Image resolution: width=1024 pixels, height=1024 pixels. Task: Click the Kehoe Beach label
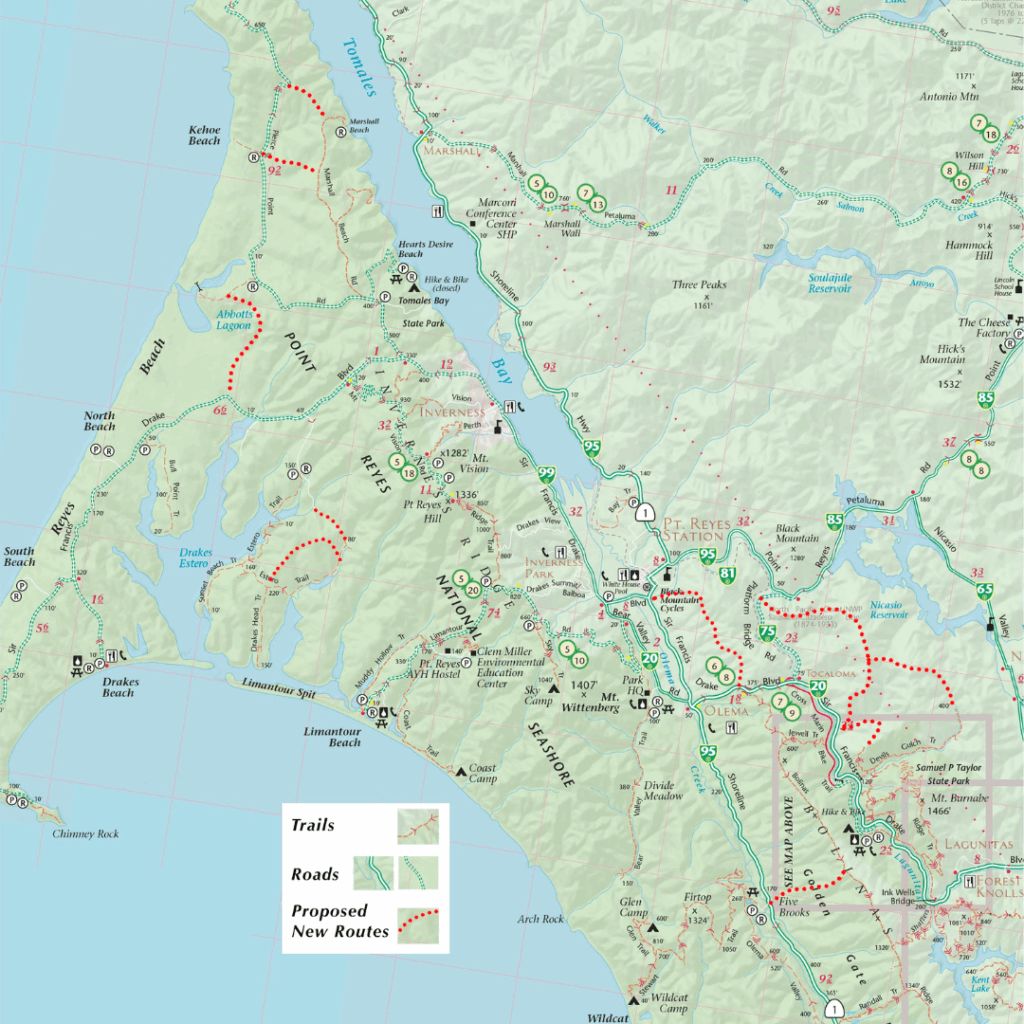[x=204, y=135]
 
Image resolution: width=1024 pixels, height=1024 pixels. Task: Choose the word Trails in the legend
[x=313, y=826]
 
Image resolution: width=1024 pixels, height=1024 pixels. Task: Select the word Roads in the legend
[x=315, y=874]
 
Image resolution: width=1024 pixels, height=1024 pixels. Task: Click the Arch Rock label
[x=541, y=918]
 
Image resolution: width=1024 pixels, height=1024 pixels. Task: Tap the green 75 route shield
[x=767, y=632]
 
